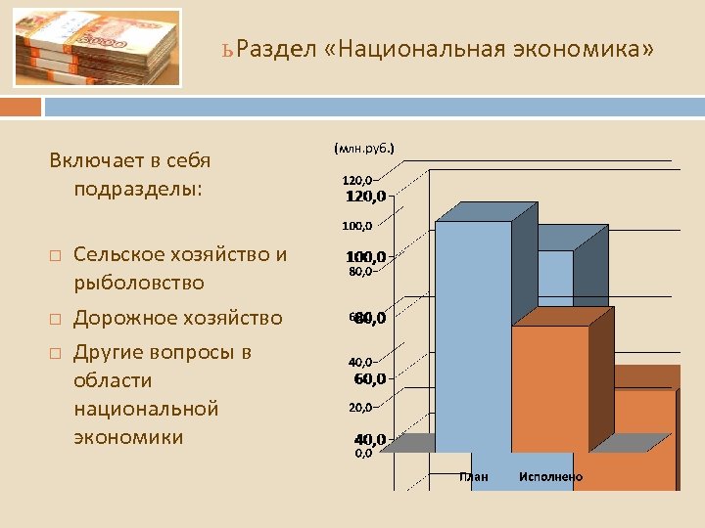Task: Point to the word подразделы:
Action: click(138, 187)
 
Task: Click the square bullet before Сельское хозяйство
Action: click(55, 256)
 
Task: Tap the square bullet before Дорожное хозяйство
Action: click(55, 319)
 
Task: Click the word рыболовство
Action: click(139, 283)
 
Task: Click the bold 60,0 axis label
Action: click(369, 378)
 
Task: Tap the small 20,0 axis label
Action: click(360, 407)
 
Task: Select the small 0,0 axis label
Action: click(363, 454)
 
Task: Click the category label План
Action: click(474, 476)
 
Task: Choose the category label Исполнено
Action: click(550, 476)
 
